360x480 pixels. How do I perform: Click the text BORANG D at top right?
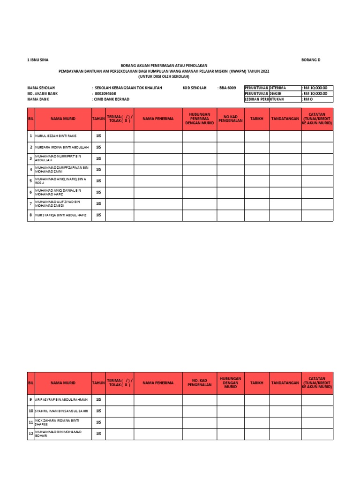[x=311, y=60]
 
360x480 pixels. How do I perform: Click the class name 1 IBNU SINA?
[x=37, y=60]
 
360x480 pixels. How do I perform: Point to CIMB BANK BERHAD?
[x=112, y=99]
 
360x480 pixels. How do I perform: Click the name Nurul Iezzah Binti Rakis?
[x=56, y=136]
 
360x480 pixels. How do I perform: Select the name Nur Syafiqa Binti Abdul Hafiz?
[x=59, y=215]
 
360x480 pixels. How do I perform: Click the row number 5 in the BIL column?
[x=31, y=181]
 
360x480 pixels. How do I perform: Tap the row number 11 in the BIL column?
[x=31, y=422]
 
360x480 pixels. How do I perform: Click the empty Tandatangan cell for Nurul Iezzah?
[x=285, y=136]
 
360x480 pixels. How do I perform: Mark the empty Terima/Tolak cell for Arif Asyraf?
[x=120, y=399]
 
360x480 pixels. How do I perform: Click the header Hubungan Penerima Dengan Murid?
[x=199, y=119]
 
